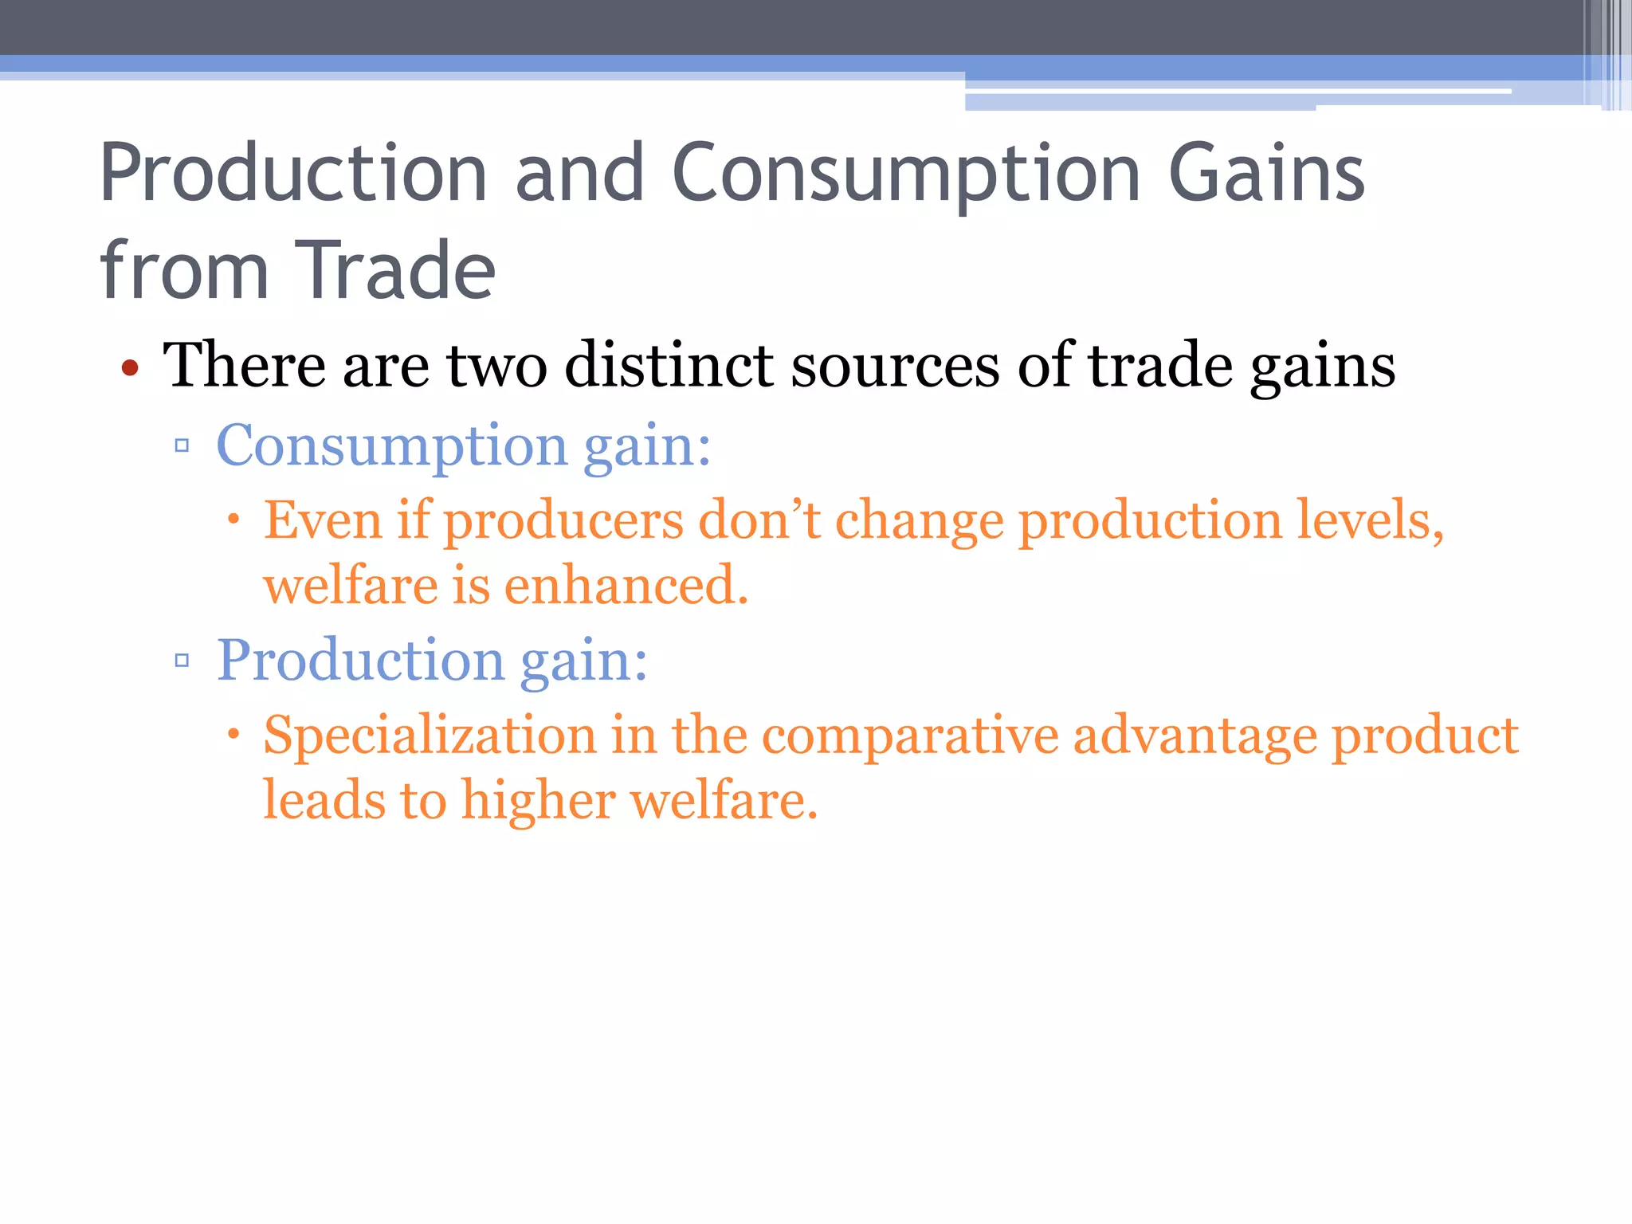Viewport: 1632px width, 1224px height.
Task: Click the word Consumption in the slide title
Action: click(906, 174)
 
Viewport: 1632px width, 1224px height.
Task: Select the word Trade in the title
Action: click(395, 271)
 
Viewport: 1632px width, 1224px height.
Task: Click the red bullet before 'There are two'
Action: click(130, 368)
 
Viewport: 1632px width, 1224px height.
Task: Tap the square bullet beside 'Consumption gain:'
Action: click(182, 445)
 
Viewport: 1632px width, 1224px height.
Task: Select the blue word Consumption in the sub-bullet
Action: click(391, 446)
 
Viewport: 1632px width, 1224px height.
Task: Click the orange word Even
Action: click(323, 520)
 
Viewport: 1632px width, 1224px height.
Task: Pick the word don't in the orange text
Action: click(759, 520)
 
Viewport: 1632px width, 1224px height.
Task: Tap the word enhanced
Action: click(626, 585)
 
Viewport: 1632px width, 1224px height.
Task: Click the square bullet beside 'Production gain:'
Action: click(182, 660)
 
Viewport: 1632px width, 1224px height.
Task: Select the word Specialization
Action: click(430, 735)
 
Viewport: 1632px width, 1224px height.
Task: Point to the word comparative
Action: click(910, 735)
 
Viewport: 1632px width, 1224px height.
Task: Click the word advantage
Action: click(1195, 735)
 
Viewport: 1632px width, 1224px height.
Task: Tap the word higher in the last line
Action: click(538, 800)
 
